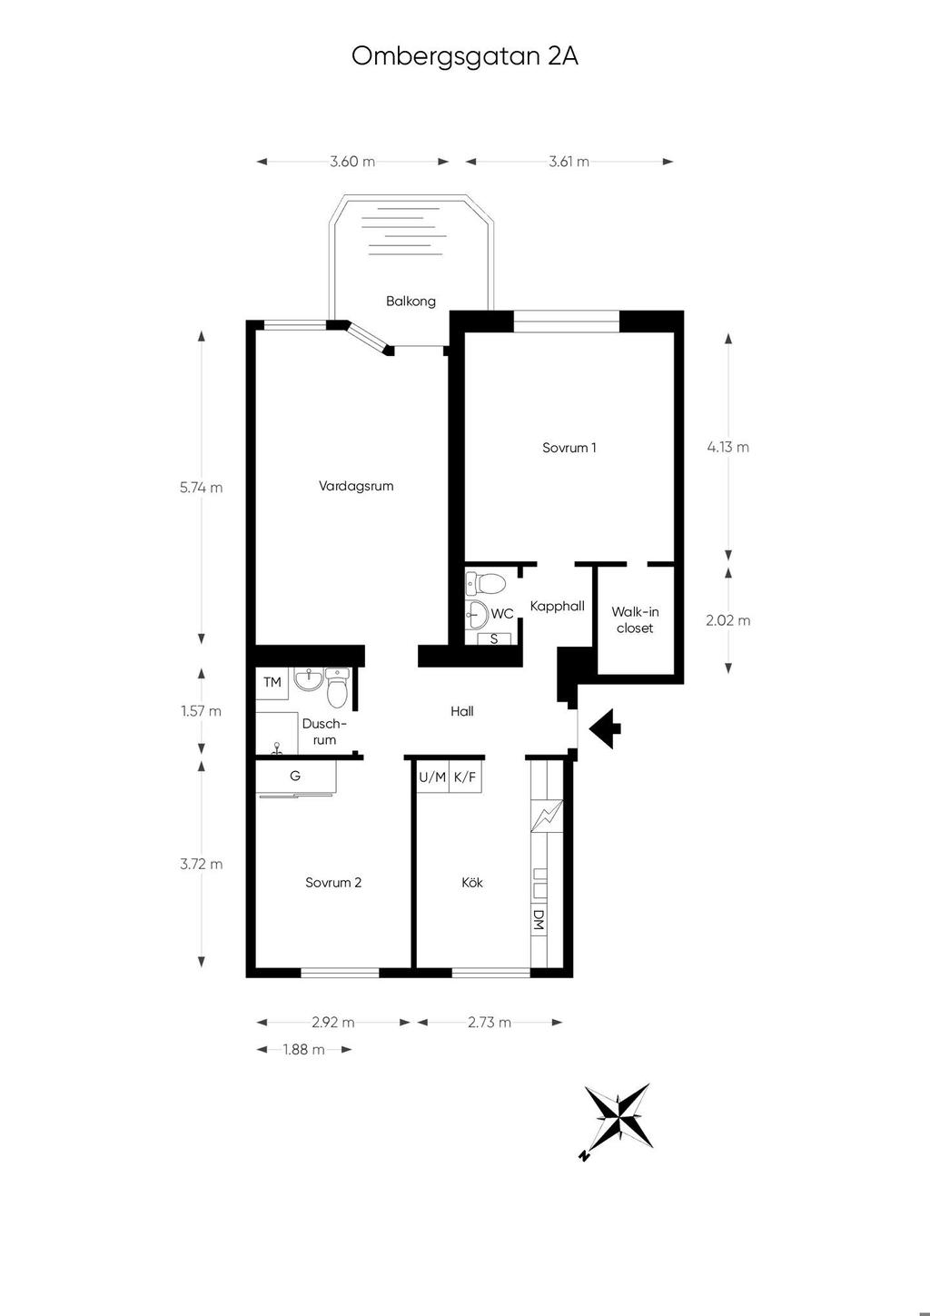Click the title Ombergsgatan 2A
(x=465, y=57)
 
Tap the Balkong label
(x=411, y=302)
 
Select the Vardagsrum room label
(x=356, y=486)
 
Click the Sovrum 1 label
(x=569, y=448)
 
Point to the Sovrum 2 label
(x=333, y=883)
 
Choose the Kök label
(x=472, y=883)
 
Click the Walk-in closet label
(x=635, y=619)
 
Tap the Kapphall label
(x=557, y=606)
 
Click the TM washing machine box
(x=272, y=683)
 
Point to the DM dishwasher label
(x=539, y=919)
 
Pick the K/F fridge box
(x=465, y=777)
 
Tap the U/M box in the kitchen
(x=433, y=777)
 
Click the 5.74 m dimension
(x=202, y=488)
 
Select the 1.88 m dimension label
(x=303, y=1049)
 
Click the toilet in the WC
(x=486, y=583)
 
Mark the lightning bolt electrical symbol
(x=547, y=816)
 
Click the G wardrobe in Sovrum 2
(x=295, y=777)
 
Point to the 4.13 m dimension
(x=727, y=447)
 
